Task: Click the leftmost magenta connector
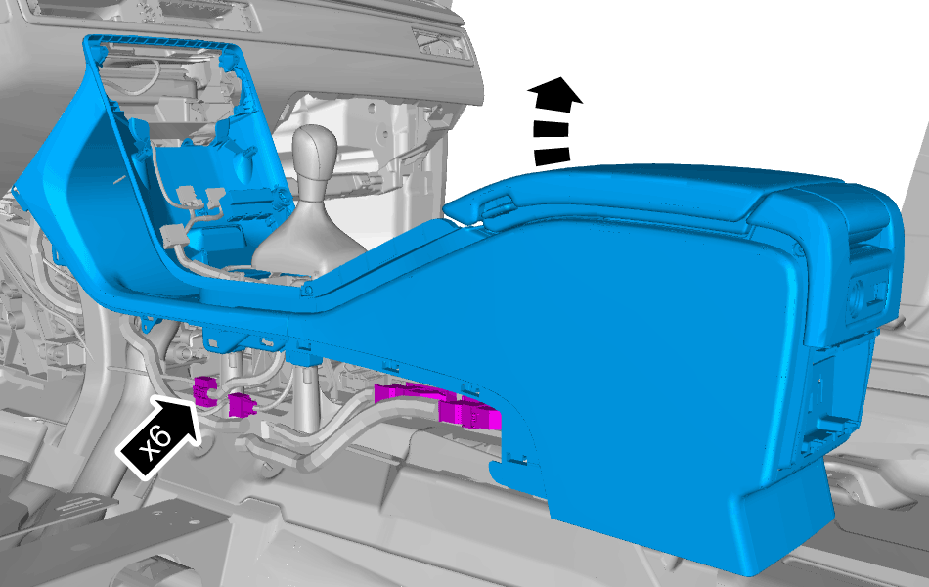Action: click(x=204, y=391)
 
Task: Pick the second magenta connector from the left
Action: click(x=242, y=404)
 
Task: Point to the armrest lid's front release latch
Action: click(x=497, y=207)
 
